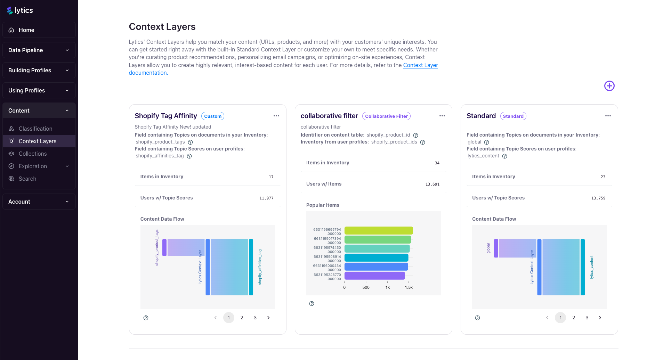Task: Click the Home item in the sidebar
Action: coord(26,30)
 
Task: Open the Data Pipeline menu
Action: coord(39,50)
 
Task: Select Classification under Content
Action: coord(35,129)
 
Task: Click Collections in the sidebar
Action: coord(33,154)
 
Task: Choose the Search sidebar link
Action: coord(27,179)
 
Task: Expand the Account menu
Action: coord(39,202)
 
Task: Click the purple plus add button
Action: coord(609,86)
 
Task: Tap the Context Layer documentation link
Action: coord(420,65)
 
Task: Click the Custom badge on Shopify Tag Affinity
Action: coord(213,116)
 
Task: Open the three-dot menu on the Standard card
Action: coord(608,116)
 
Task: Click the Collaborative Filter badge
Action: coord(386,116)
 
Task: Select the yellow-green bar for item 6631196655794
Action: coord(378,231)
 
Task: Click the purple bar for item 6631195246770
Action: coord(374,276)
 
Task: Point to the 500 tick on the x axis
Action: coord(366,287)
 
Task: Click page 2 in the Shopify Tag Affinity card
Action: coord(242,318)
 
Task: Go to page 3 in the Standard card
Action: coord(587,318)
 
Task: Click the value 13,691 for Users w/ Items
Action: coord(432,184)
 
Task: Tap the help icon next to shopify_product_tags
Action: coord(190,142)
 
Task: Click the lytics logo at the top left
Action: coord(20,10)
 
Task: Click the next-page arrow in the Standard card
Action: coord(600,318)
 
